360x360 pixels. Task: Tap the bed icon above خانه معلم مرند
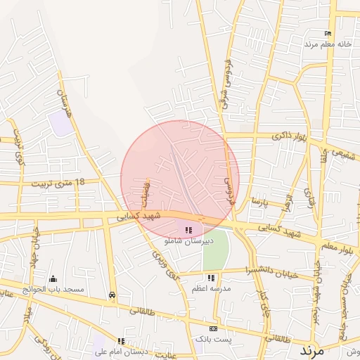(328, 34)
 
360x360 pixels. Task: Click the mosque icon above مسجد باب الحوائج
(53, 279)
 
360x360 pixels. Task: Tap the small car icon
(112, 295)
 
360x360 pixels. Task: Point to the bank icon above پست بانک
(214, 329)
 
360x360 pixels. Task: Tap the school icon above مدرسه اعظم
(211, 278)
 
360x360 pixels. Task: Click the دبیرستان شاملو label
(187, 240)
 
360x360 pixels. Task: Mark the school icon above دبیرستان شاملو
(188, 230)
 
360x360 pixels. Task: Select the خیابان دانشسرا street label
(272, 272)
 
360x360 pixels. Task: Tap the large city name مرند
(311, 349)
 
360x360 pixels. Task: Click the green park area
(216, 250)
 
